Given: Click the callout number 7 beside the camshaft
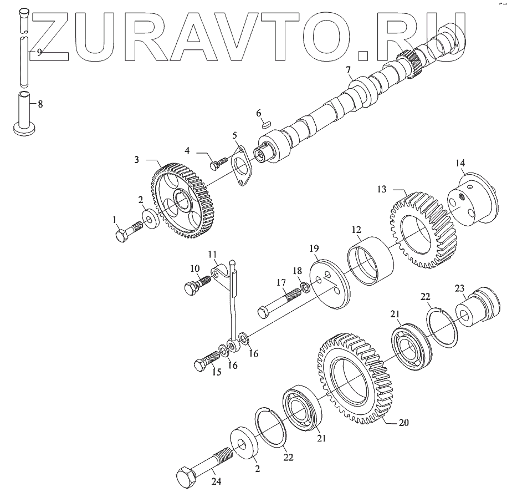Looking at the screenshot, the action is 348,70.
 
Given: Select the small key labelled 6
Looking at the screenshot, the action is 266,125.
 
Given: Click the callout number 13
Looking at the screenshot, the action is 382,189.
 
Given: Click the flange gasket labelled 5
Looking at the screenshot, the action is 240,166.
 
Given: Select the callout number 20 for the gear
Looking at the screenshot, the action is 404,423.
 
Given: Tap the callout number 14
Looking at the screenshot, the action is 460,163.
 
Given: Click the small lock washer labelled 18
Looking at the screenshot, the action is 305,287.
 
